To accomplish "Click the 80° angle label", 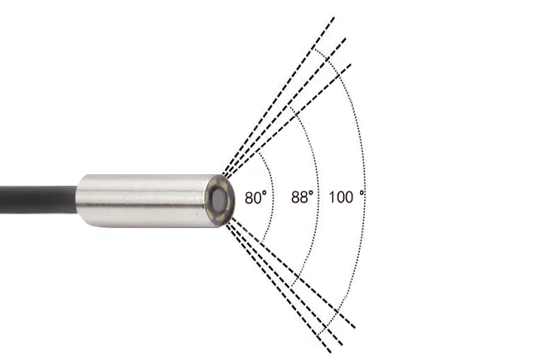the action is coord(255,197).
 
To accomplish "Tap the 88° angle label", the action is coord(302,197).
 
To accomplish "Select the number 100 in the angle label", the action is coord(341,197).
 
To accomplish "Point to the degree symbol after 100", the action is coord(362,193).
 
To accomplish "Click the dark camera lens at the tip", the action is coord(219,200).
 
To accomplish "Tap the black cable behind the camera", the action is coord(38,200).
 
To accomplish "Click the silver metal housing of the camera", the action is coord(144,201).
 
